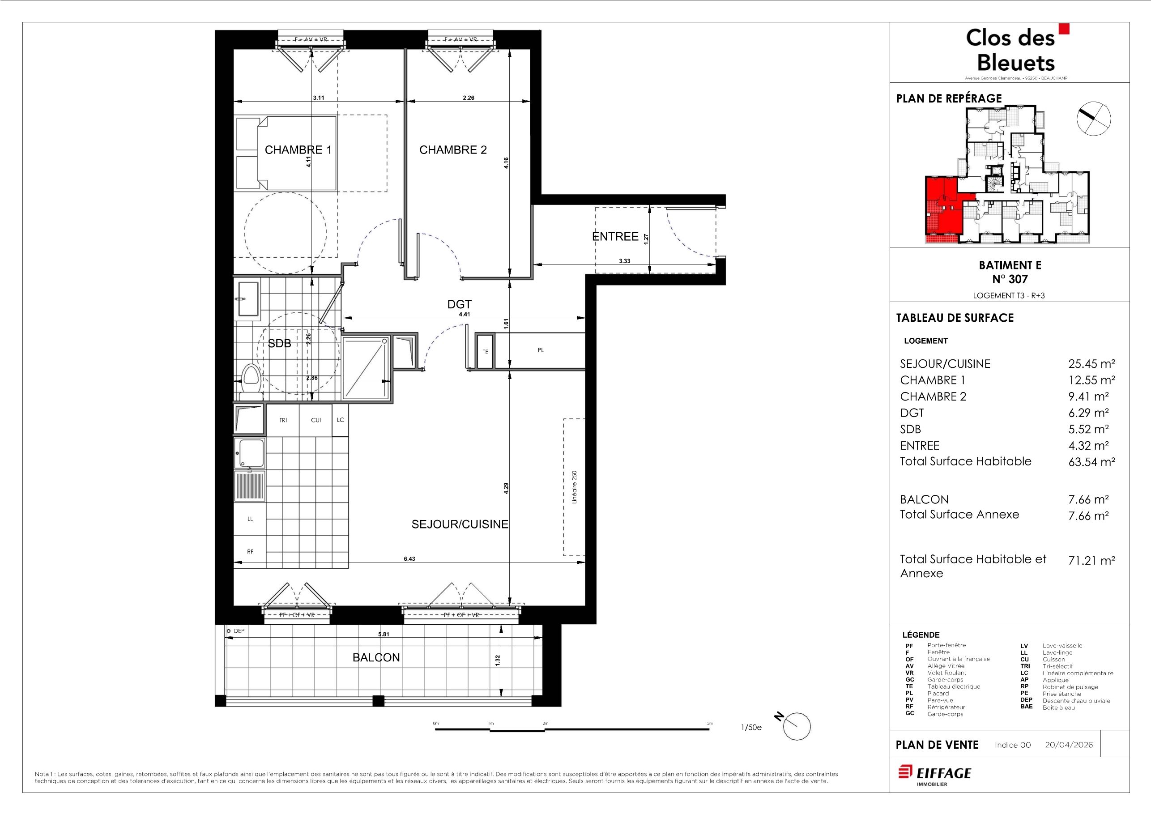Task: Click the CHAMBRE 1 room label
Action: point(298,150)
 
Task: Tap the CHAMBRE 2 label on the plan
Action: point(453,150)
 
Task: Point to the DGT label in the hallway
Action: point(459,304)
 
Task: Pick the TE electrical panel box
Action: point(485,351)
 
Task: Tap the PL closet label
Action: point(541,350)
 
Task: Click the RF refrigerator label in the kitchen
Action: point(250,551)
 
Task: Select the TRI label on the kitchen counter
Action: point(283,420)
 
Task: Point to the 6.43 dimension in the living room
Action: point(409,558)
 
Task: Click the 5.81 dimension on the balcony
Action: point(384,634)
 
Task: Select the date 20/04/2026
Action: point(1069,745)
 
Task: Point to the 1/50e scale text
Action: point(751,727)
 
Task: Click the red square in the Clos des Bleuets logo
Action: point(1064,29)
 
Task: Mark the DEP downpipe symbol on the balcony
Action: point(229,631)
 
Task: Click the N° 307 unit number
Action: point(1010,279)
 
